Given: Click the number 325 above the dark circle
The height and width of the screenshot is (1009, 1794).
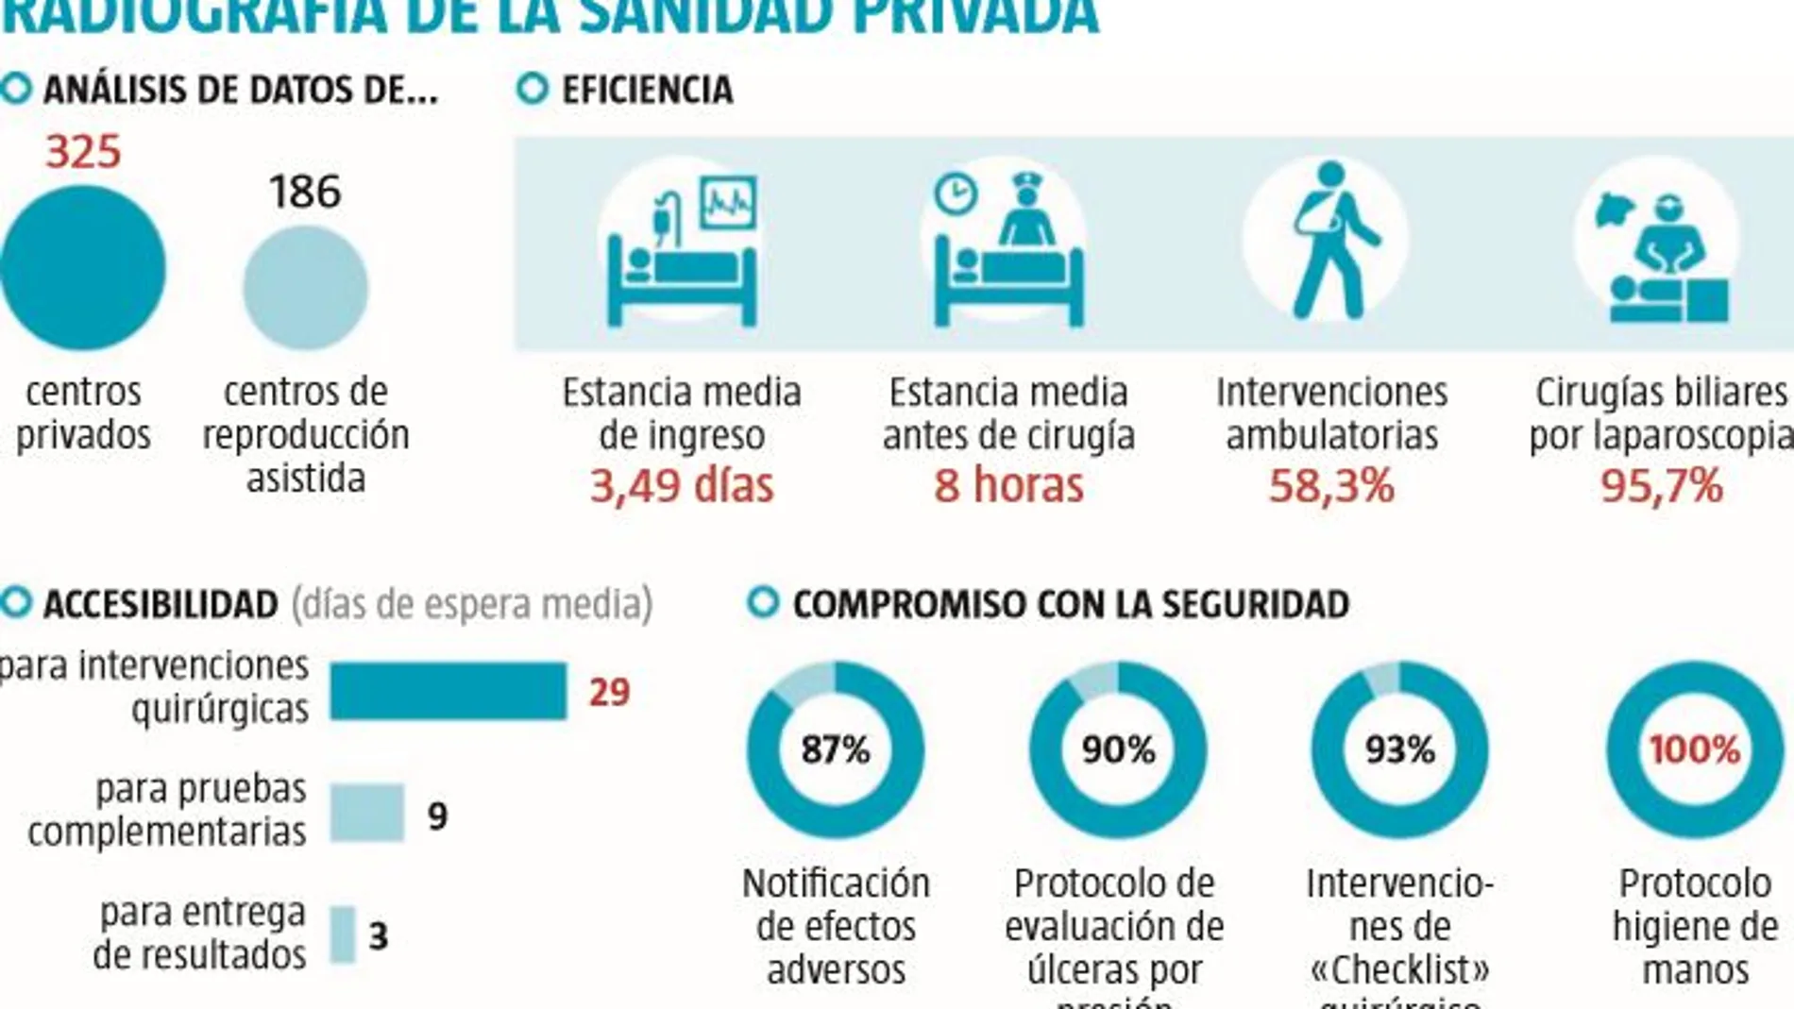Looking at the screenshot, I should point(83,152).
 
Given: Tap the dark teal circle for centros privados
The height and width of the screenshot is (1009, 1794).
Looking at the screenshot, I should point(83,268).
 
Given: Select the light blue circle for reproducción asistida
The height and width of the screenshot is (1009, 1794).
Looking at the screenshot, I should point(305,288).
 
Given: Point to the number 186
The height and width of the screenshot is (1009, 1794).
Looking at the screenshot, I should point(304,192).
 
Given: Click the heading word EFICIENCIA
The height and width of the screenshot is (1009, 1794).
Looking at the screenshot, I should point(648,91).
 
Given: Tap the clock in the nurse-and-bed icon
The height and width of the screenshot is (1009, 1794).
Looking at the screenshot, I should point(955,193).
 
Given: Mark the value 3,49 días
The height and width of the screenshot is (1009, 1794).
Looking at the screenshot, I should point(682,485).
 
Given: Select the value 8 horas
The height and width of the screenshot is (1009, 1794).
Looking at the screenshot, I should point(1008,485).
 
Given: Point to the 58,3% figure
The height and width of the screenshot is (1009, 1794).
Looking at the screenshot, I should point(1331,485).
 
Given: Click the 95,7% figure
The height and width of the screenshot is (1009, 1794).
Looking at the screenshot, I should point(1662,485).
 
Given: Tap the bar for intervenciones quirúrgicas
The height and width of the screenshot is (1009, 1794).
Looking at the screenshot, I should point(448,691).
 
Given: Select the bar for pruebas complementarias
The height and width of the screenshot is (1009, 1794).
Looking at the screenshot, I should point(367,813).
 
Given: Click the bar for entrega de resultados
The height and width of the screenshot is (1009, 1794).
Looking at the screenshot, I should point(343,934).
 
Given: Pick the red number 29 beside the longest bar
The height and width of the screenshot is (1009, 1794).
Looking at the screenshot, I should point(609,693).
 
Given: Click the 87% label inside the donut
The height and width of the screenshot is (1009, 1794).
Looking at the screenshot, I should point(836,749).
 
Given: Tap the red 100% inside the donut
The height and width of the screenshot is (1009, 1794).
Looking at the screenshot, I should point(1695,749).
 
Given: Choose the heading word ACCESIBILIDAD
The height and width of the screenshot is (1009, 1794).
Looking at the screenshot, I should point(161,605).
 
